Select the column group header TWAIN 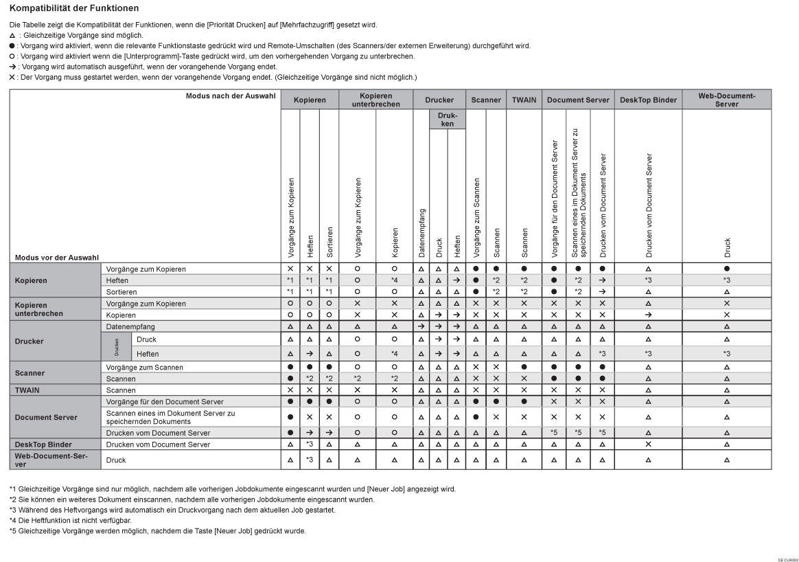coord(524,100)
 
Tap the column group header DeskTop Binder coord(648,100)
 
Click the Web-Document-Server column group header coord(726,100)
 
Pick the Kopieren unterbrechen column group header coord(375,100)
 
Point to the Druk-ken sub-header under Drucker coord(447,120)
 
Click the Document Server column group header coord(578,100)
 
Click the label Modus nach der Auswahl coord(231,95)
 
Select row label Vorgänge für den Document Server coord(165,401)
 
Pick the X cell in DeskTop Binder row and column coord(648,445)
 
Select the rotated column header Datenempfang coord(421,227)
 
